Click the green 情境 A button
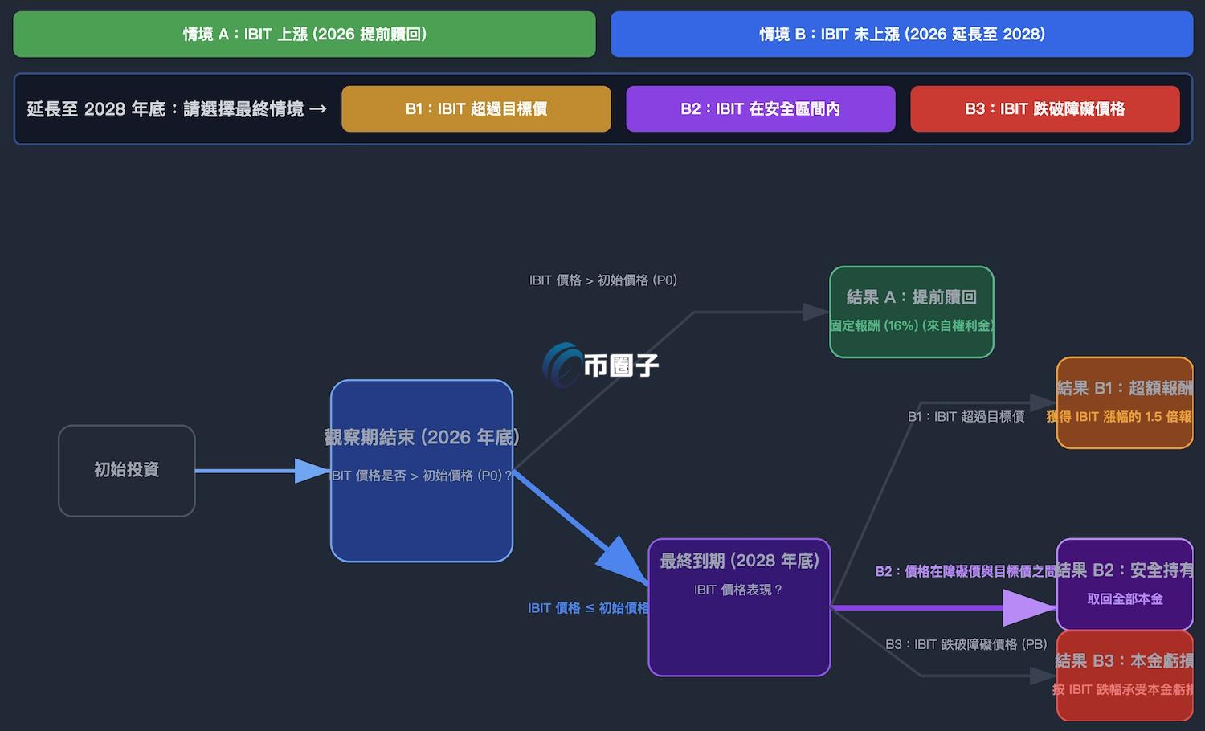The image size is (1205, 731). click(x=304, y=34)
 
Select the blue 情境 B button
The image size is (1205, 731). click(x=901, y=34)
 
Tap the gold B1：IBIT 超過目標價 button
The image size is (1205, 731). click(x=476, y=108)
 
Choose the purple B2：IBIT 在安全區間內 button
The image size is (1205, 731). click(x=760, y=108)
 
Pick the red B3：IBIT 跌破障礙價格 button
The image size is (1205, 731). click(x=1044, y=108)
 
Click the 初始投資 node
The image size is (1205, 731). click(x=127, y=470)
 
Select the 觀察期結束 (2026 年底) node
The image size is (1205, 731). click(x=422, y=470)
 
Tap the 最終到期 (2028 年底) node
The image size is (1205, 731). click(x=739, y=606)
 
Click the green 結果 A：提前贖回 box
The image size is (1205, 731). click(x=911, y=312)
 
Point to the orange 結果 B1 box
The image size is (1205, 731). click(x=1125, y=402)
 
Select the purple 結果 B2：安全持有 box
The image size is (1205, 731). click(x=1125, y=584)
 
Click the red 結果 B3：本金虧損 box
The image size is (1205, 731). click(x=1125, y=676)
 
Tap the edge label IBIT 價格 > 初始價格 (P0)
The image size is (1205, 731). click(x=602, y=280)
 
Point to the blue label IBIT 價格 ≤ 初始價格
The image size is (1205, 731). click(x=588, y=608)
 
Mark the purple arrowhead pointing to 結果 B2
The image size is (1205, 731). click(x=1030, y=607)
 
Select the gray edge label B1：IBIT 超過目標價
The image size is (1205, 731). click(x=966, y=417)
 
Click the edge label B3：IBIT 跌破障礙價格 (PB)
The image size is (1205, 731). click(x=966, y=644)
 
